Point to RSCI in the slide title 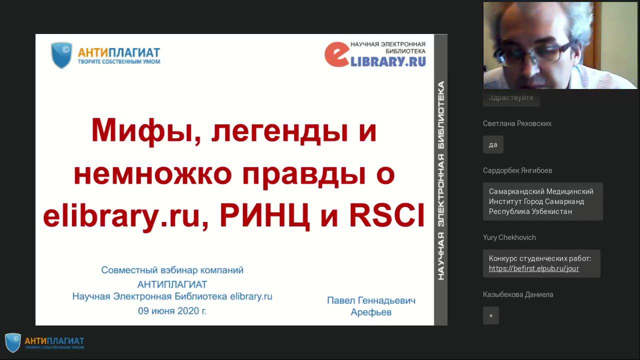tap(386, 216)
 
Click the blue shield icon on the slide tap(61, 55)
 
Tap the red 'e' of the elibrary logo tap(336, 54)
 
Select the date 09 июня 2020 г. tap(172, 310)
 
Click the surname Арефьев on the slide tap(371, 312)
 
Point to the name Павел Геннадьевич tap(371, 300)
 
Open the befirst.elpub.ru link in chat tap(533, 268)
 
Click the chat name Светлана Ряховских tap(517, 123)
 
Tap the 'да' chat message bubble tap(493, 144)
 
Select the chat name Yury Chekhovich tap(509, 237)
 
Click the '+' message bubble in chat tap(491, 315)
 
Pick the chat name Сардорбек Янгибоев tap(517, 170)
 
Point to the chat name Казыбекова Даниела tap(518, 294)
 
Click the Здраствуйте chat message tap(511, 98)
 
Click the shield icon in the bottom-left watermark tap(13, 342)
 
